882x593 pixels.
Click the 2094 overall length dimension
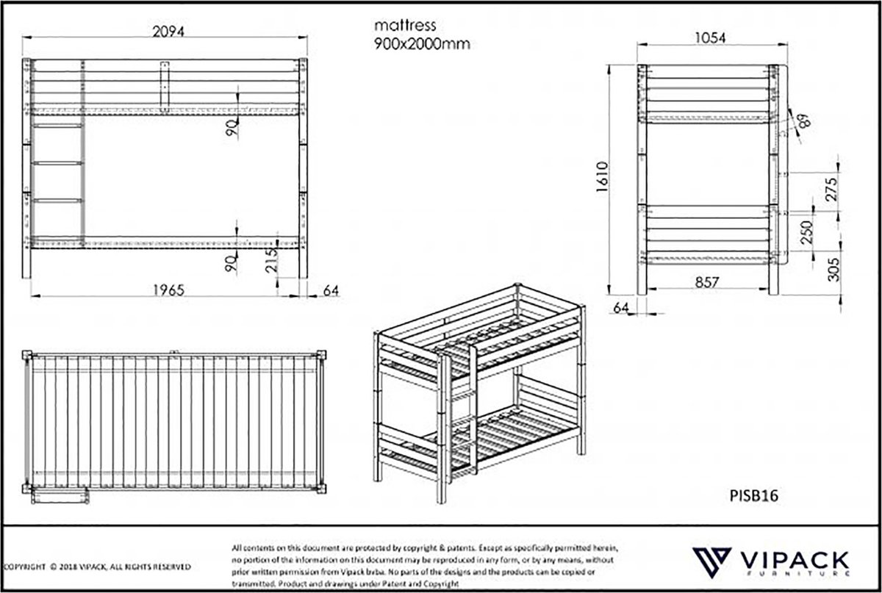[x=168, y=31]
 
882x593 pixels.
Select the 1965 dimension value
[x=168, y=290]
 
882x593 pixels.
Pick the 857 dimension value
[x=703, y=281]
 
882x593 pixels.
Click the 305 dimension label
[x=832, y=271]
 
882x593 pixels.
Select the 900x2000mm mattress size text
[x=421, y=43]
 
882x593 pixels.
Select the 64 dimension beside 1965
[x=330, y=290]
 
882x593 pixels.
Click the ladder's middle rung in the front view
[x=57, y=163]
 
